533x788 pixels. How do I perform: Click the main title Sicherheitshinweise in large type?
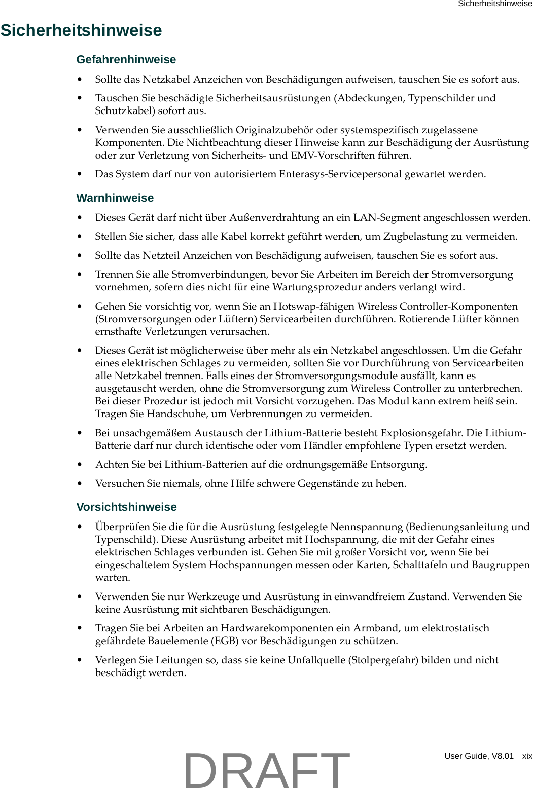click(x=81, y=30)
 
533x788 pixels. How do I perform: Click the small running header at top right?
click(x=495, y=4)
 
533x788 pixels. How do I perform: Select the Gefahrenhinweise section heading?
click(x=126, y=60)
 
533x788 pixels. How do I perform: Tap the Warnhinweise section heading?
click(x=115, y=198)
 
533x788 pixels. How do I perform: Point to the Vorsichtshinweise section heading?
click(x=126, y=507)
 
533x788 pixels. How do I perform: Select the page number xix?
click(x=527, y=756)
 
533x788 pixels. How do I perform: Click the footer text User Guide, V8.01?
click(x=479, y=756)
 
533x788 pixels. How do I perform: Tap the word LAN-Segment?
click(x=384, y=218)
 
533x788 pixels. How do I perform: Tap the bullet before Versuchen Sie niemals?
click(x=80, y=484)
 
